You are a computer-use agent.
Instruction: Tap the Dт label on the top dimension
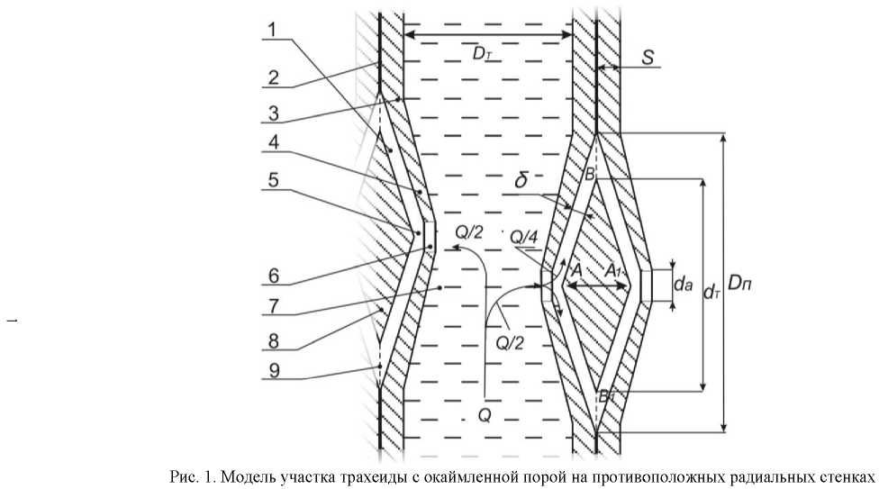(x=483, y=53)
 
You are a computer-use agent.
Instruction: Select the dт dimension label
(x=712, y=290)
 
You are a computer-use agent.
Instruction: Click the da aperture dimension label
(x=684, y=285)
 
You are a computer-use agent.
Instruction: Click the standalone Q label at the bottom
(x=485, y=416)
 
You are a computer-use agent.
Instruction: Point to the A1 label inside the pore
(x=615, y=270)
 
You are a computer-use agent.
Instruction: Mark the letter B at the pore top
(x=589, y=176)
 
